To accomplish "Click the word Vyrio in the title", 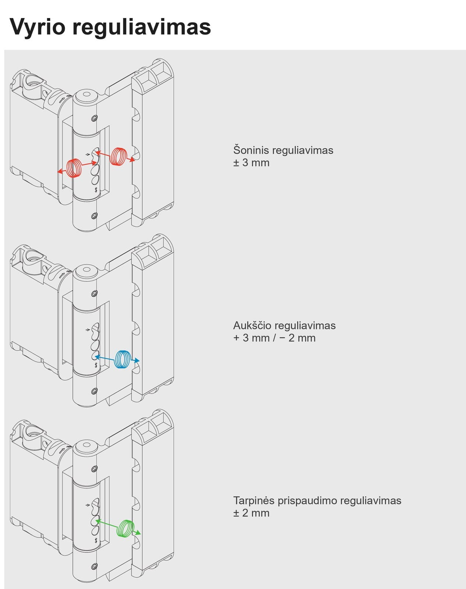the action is coord(37,27).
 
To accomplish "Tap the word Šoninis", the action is coord(251,150).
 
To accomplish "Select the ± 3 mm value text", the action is coord(251,163).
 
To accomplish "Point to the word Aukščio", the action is coord(252,325).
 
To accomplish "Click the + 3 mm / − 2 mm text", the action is coord(274,338).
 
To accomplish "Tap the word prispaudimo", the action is coord(307,501).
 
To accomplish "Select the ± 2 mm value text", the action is coord(251,513).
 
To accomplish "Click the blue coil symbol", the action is coord(122,359).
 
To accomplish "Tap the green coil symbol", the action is coord(126,528).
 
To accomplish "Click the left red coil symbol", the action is coord(74,168).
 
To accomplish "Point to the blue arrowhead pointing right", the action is coord(137,361).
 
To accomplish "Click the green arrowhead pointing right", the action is coord(138,533).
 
